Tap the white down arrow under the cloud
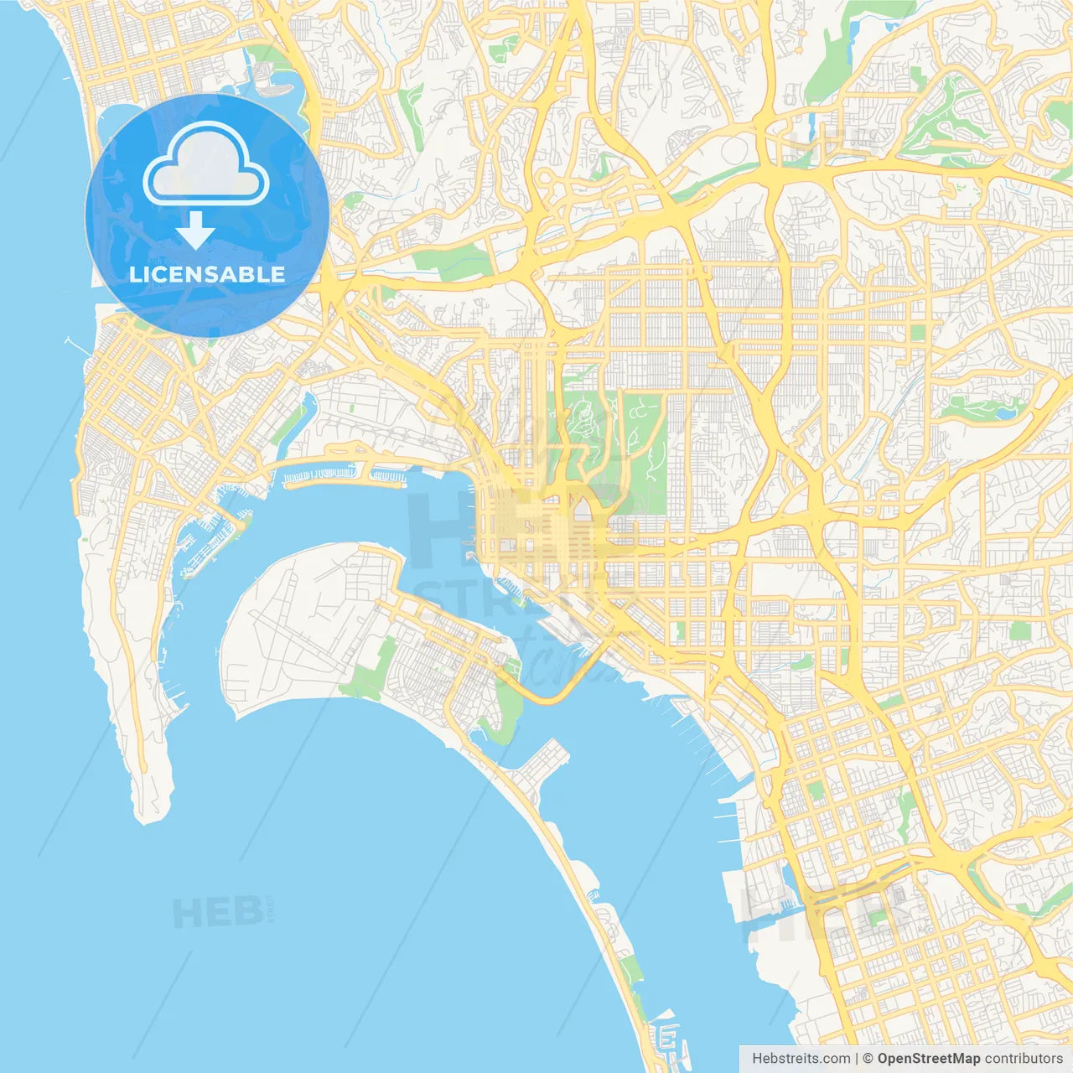point(196,231)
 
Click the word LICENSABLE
point(206,274)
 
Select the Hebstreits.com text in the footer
point(801,1059)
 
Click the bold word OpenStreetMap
point(929,1059)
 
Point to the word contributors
point(1024,1059)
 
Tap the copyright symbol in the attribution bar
point(868,1059)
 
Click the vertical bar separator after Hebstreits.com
point(857,1059)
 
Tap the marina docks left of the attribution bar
point(671,1039)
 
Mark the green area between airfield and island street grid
point(369,675)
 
